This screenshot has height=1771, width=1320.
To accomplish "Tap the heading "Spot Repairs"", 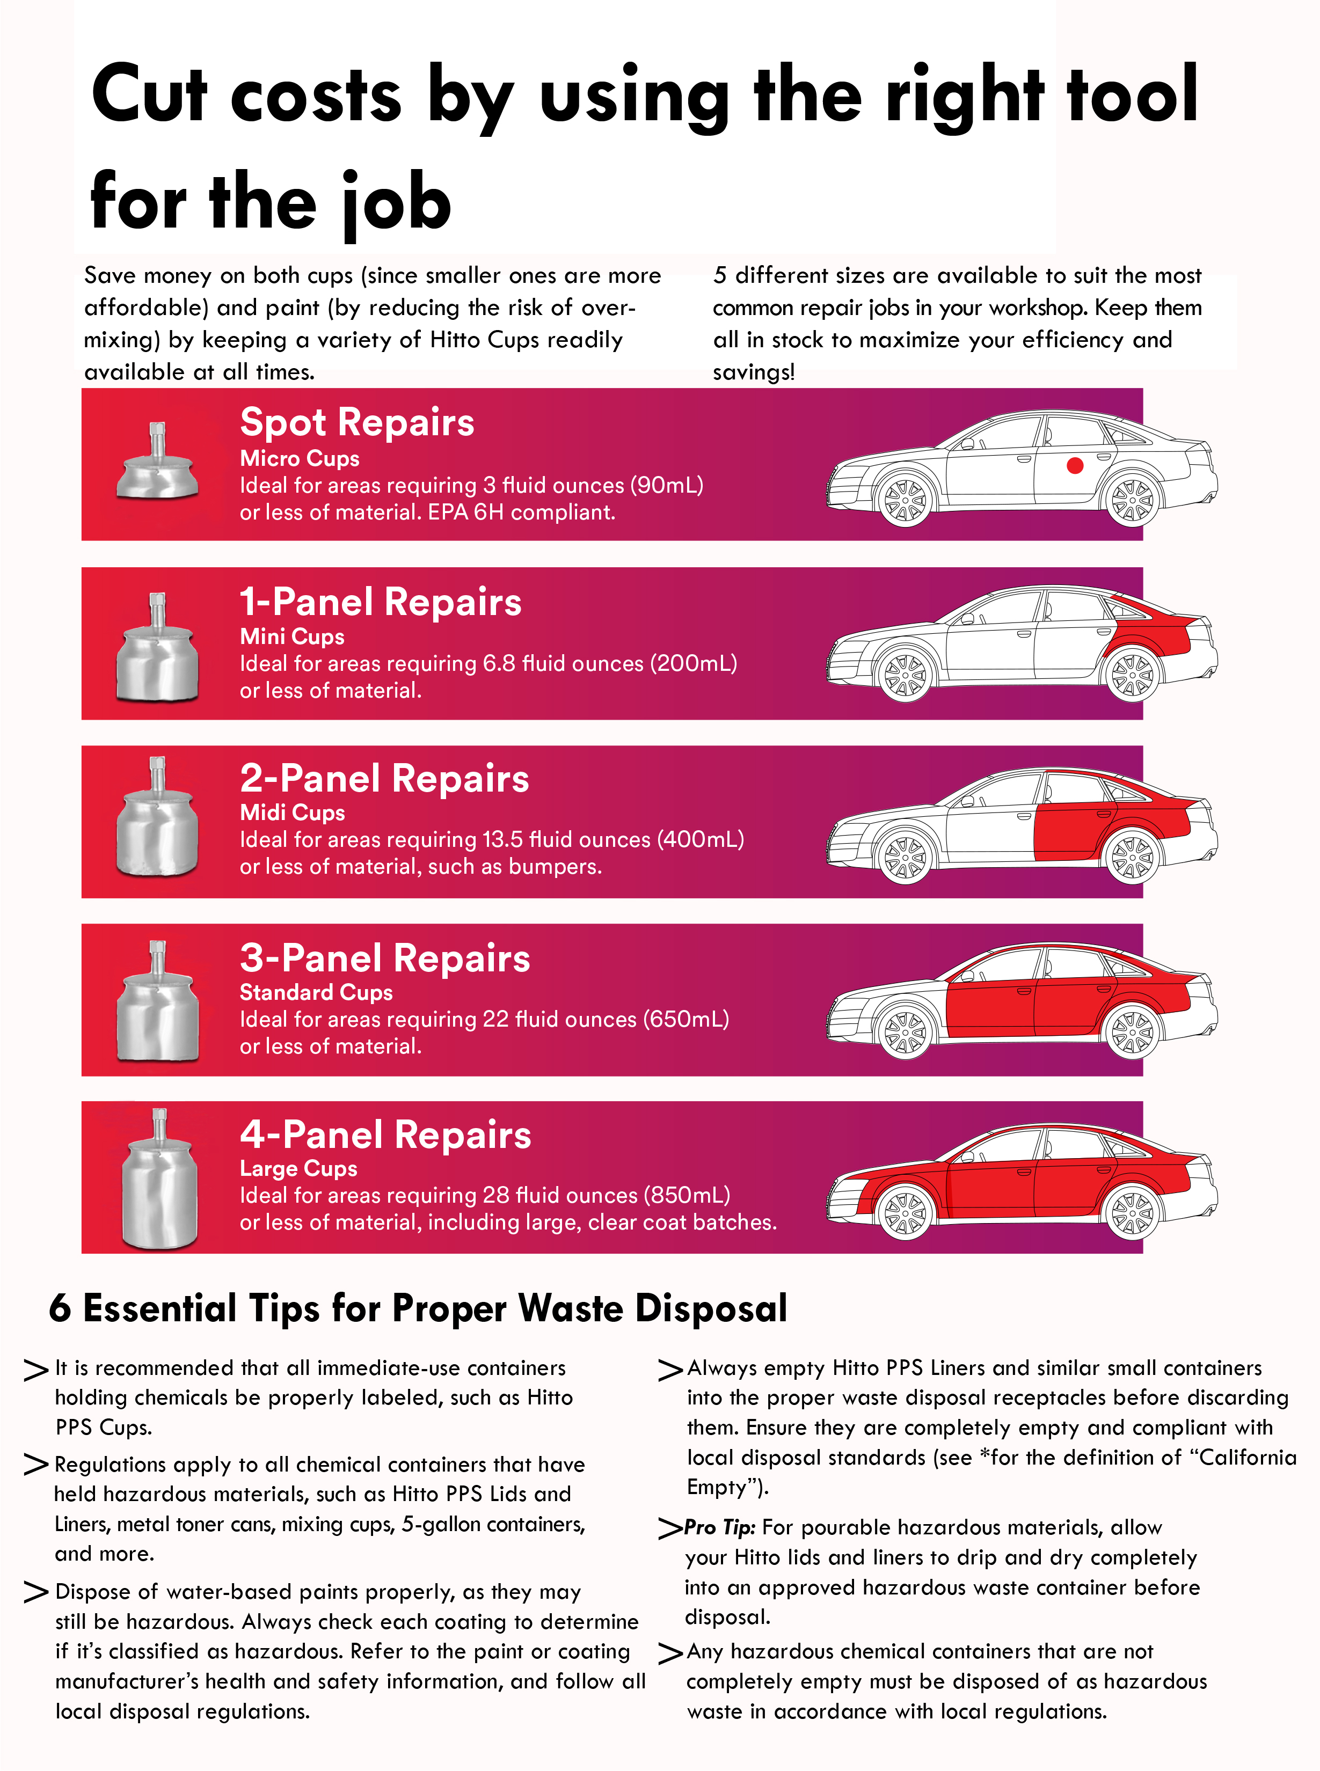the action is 357,422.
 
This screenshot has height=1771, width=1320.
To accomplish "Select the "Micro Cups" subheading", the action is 300,458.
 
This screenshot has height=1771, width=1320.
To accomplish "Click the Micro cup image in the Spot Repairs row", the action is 157,461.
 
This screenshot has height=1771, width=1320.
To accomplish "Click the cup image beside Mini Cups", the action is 157,647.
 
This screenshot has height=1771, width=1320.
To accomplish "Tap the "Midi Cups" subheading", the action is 293,813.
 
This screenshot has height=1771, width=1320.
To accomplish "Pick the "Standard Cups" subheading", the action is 316,992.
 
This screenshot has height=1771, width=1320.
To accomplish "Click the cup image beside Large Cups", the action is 159,1179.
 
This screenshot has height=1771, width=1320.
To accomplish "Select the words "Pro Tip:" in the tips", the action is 720,1527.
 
